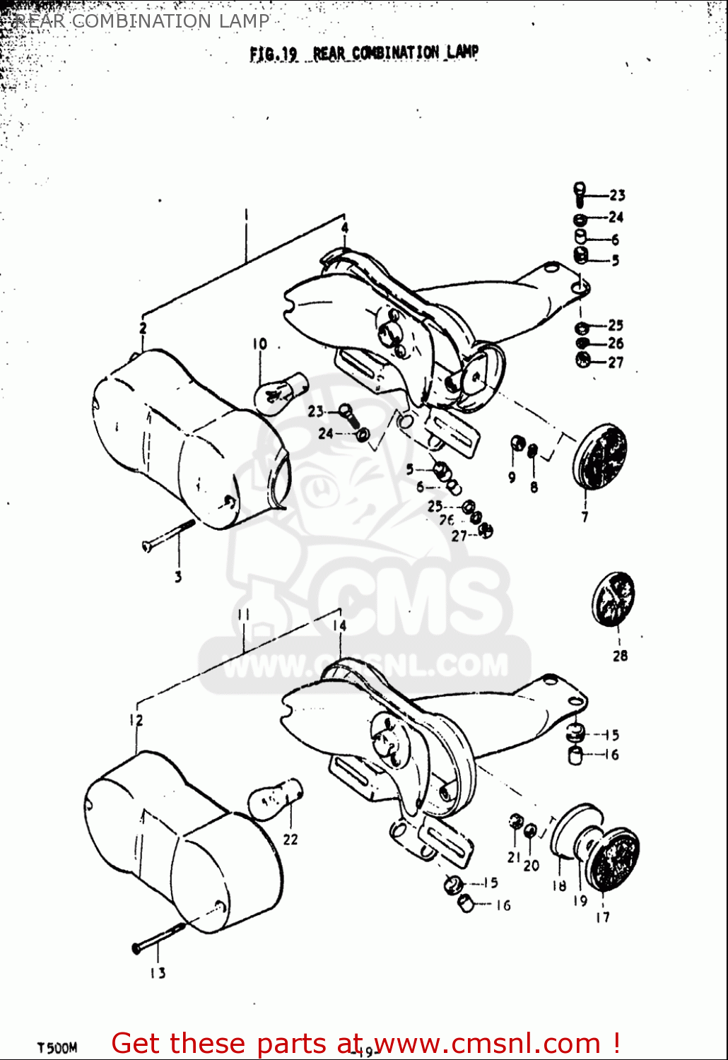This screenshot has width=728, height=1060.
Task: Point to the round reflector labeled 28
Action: point(613,599)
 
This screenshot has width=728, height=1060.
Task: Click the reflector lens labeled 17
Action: point(614,862)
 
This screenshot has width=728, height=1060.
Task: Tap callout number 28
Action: point(620,656)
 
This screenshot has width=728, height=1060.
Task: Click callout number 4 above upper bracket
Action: point(345,228)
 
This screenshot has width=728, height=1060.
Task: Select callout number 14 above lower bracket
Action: point(339,625)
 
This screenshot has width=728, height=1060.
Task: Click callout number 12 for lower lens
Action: point(136,720)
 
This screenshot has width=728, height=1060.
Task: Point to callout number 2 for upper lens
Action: point(143,328)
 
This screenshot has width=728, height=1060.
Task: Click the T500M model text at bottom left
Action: point(57,1047)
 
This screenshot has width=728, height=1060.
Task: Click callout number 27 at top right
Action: point(616,363)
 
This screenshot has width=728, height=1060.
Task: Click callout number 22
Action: point(290,840)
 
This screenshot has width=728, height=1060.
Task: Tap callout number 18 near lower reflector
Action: point(559,885)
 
